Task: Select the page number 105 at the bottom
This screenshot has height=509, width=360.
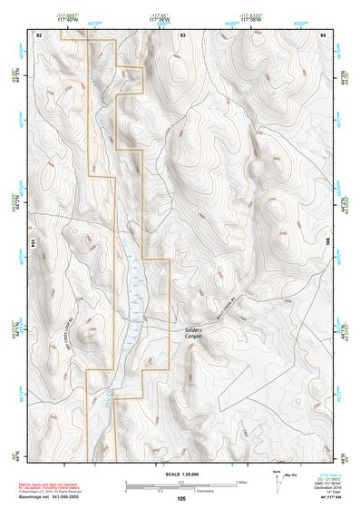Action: click(x=181, y=499)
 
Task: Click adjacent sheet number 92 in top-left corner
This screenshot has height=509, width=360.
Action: click(x=38, y=34)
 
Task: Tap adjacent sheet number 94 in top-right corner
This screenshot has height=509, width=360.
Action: click(x=323, y=34)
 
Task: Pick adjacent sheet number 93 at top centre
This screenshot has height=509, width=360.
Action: click(x=182, y=34)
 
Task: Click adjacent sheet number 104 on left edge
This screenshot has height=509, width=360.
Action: click(x=34, y=244)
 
